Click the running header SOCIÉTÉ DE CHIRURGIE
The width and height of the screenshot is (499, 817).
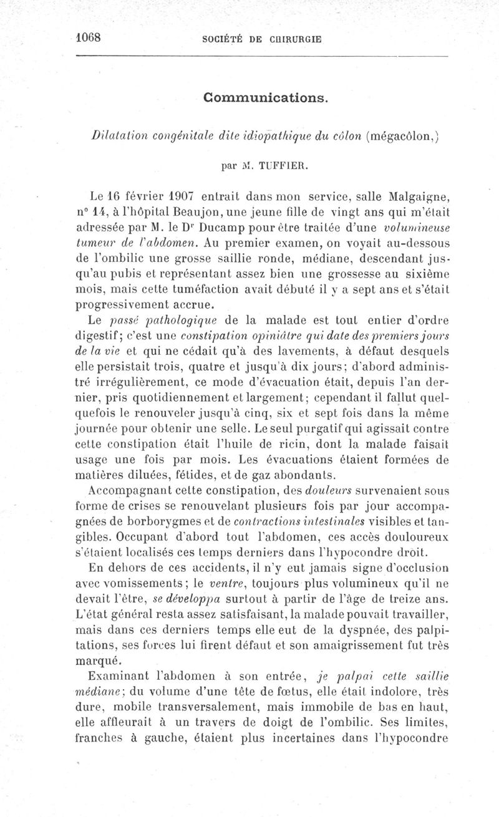click(x=262, y=38)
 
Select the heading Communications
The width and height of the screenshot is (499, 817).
click(x=265, y=99)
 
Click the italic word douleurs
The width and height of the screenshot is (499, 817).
click(x=334, y=491)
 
